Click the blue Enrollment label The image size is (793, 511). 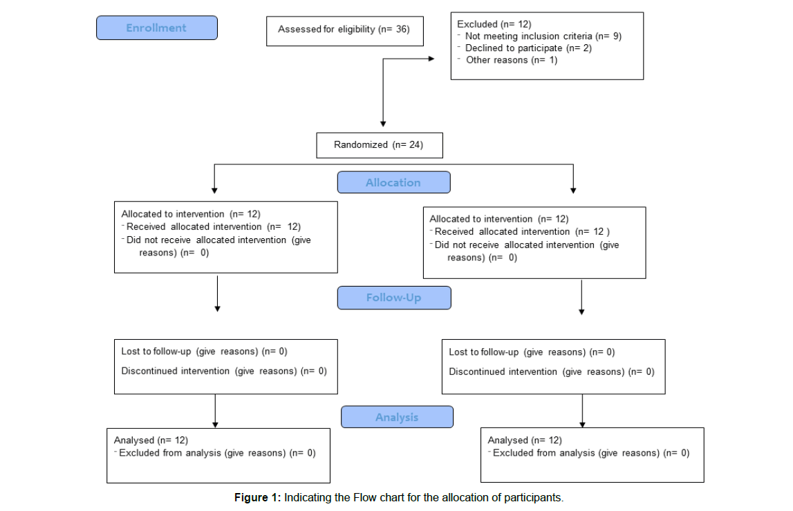point(157,28)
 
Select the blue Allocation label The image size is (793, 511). point(393,182)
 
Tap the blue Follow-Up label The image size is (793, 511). point(394,298)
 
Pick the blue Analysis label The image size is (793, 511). point(397,417)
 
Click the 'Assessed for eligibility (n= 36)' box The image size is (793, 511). point(345,31)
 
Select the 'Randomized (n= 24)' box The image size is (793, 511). point(380,146)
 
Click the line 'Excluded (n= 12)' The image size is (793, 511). point(494,24)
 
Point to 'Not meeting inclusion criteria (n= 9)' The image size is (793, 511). point(543,37)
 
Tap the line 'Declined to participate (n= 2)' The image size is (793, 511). point(528,48)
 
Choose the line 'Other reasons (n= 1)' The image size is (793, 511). point(512,60)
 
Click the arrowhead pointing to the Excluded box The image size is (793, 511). point(431,59)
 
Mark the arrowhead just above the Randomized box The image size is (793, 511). point(383,124)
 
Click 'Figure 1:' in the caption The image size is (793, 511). point(257,498)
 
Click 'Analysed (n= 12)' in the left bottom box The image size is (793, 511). point(151,441)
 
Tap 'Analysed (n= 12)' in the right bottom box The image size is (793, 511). point(525,441)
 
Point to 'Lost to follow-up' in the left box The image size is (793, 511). point(156,351)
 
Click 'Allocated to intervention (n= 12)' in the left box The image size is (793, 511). point(191,214)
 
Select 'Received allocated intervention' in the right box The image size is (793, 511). point(502,232)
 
